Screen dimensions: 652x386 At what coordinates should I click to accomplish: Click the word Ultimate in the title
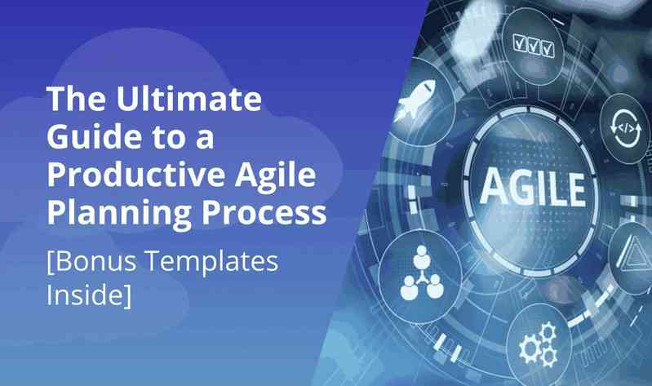tap(189, 98)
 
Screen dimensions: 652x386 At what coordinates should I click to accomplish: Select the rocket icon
tap(414, 100)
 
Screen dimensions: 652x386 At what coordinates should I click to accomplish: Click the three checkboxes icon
tap(534, 46)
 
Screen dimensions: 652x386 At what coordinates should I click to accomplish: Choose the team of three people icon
tap(422, 273)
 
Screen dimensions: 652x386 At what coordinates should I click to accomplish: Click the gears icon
tap(539, 344)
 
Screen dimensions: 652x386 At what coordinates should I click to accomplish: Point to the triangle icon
tap(634, 252)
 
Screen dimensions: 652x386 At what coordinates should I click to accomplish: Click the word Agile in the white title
tap(275, 176)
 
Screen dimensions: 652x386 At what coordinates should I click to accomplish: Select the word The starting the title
tap(76, 98)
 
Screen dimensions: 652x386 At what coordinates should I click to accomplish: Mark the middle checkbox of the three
tap(534, 46)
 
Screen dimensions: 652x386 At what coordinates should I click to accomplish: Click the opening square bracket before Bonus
tap(51, 263)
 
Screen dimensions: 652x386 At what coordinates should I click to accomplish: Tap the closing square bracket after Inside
tap(127, 295)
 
